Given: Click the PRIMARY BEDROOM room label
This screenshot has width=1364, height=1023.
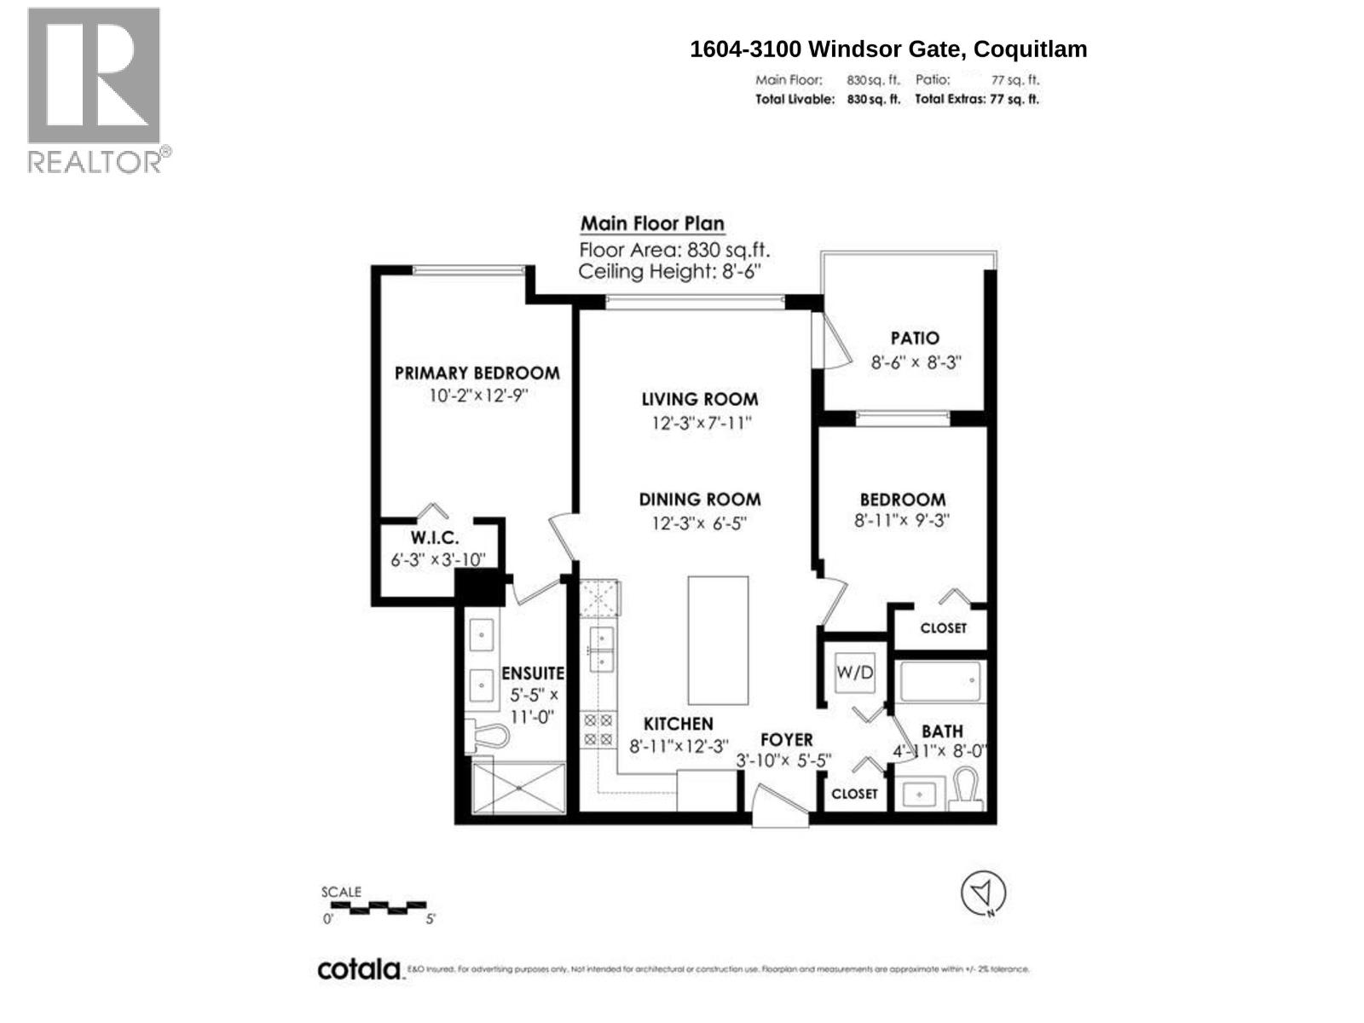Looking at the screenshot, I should click(x=477, y=373).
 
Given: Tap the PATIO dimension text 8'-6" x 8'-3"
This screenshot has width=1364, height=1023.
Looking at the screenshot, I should click(x=916, y=361).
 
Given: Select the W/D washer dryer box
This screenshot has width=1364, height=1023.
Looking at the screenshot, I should click(x=854, y=673).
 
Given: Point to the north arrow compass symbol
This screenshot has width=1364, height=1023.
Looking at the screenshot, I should click(x=983, y=894).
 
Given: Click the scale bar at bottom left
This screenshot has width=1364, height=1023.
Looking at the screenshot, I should click(x=375, y=906).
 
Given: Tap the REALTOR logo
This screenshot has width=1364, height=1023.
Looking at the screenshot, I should click(x=95, y=90).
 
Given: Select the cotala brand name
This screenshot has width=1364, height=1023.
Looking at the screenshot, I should click(x=359, y=970).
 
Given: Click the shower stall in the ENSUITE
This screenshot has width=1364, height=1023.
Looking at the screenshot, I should click(x=518, y=789).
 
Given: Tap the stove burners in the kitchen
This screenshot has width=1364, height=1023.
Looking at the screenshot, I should click(x=597, y=731).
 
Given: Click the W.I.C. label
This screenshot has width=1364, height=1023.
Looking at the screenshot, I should click(x=434, y=539).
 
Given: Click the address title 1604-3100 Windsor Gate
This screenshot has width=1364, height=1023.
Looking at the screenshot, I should click(x=888, y=49).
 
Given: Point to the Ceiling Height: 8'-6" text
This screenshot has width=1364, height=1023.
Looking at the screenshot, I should click(x=668, y=272).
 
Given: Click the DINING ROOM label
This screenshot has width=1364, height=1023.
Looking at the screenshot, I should click(x=699, y=500).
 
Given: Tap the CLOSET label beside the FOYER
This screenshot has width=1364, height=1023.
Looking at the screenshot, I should click(x=854, y=794).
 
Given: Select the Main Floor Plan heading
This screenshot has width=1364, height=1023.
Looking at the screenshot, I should click(x=652, y=224).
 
